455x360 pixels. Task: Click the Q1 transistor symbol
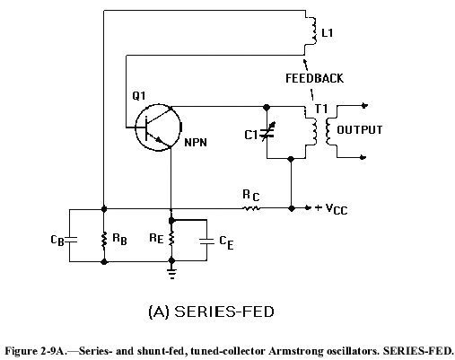[158, 127]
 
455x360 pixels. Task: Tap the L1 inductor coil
[313, 31]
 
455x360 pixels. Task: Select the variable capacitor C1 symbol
[267, 132]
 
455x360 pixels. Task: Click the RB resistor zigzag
[104, 241]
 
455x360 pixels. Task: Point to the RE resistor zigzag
[171, 239]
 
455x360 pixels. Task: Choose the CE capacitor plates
[206, 241]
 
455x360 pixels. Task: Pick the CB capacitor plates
[70, 240]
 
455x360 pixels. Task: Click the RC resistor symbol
[250, 208]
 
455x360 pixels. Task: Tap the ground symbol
[171, 274]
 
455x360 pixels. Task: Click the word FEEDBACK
[314, 78]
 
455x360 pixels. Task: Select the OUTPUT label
[360, 130]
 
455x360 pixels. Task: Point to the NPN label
[196, 142]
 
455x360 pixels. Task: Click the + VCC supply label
[331, 208]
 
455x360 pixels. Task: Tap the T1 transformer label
[321, 109]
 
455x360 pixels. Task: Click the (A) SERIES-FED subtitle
[211, 312]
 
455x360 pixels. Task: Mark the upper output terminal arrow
[364, 105]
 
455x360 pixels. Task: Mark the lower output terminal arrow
[363, 157]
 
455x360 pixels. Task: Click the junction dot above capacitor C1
[267, 107]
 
